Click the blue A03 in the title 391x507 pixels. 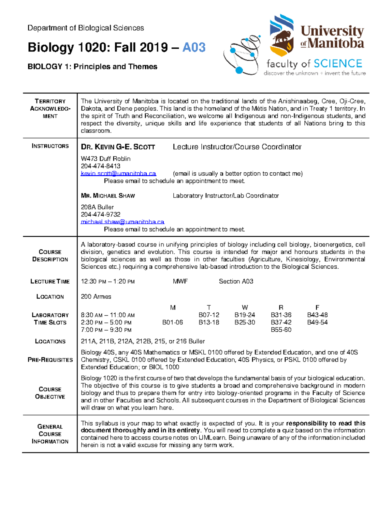tap(194, 48)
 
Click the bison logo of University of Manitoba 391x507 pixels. tap(282, 35)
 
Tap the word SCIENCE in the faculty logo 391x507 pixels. tap(338, 63)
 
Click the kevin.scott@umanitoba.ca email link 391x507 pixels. tap(118, 174)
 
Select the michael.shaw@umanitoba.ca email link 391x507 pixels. tap(123, 222)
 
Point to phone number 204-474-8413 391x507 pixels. tap(100, 166)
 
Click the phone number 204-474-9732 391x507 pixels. tap(100, 214)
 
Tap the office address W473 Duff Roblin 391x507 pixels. tap(106, 159)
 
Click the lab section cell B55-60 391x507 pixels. tap(281, 330)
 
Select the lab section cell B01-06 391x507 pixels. tap(173, 323)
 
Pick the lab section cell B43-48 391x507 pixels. tap(317, 315)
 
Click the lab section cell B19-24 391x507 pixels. tap(245, 315)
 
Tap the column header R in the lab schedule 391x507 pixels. tap(281, 308)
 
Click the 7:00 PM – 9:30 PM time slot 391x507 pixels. tap(106, 330)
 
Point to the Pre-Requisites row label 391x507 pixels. tap(50, 360)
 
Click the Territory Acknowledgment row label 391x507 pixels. tap(50, 108)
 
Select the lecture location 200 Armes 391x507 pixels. tap(96, 297)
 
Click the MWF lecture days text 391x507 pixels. tap(180, 281)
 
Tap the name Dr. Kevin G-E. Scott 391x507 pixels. tap(118, 147)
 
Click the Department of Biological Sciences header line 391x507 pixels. tap(86, 28)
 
